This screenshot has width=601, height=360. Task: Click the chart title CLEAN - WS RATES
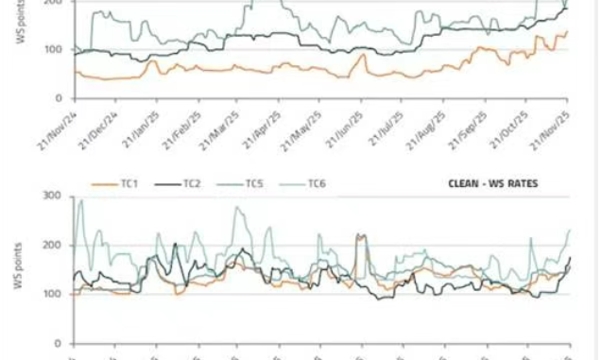492,182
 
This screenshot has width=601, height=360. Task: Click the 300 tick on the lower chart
54,196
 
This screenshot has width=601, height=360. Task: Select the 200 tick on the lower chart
54,245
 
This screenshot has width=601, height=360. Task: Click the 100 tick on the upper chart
54,49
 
